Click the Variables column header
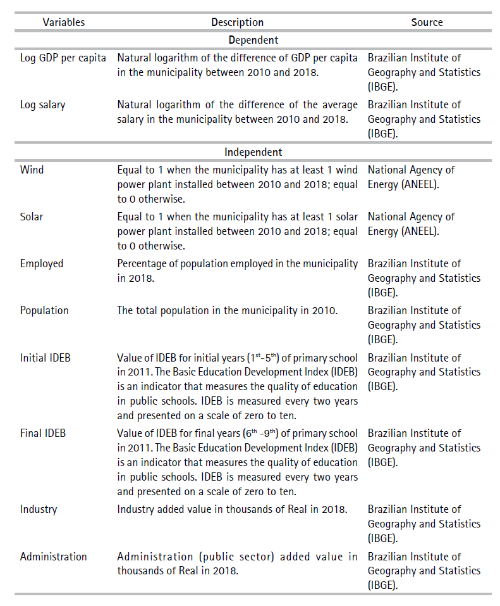64,22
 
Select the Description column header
237,22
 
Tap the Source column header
427,22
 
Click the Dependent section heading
253,40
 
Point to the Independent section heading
253,152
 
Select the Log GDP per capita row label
63,58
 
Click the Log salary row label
42,104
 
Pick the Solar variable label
32,217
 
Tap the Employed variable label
42,263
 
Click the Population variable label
44,310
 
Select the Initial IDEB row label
46,358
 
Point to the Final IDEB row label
43,433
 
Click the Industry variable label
39,509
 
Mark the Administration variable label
54,557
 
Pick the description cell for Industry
231,509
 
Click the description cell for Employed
237,270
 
